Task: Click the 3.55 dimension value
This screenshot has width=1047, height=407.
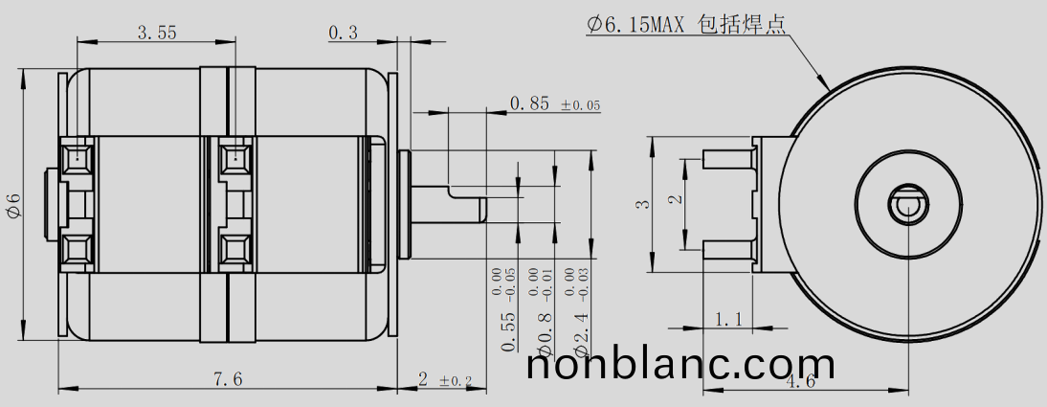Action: coord(157,33)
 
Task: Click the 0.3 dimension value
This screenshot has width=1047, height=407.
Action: coord(343,33)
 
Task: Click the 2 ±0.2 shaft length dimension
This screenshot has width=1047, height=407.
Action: coord(445,380)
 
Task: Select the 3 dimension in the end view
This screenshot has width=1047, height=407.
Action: coord(644,203)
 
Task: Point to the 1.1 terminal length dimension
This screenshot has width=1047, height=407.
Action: coord(728,318)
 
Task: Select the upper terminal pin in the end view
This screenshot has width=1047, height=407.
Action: coord(730,158)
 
